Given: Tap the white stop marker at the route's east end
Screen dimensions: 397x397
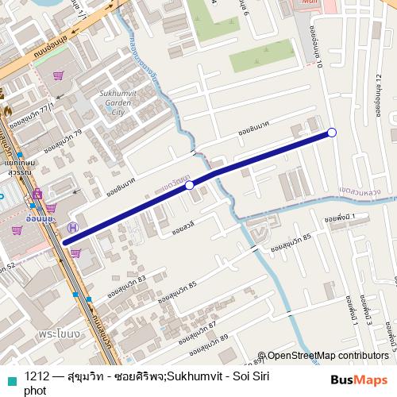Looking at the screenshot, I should [332, 133].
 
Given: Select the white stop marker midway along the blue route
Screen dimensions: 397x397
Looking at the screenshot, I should [190, 185].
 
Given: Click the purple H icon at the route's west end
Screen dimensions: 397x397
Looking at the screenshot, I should [72, 227].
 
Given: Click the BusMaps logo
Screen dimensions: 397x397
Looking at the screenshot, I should [360, 380].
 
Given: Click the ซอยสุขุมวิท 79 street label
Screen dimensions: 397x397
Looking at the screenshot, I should [64, 142].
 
